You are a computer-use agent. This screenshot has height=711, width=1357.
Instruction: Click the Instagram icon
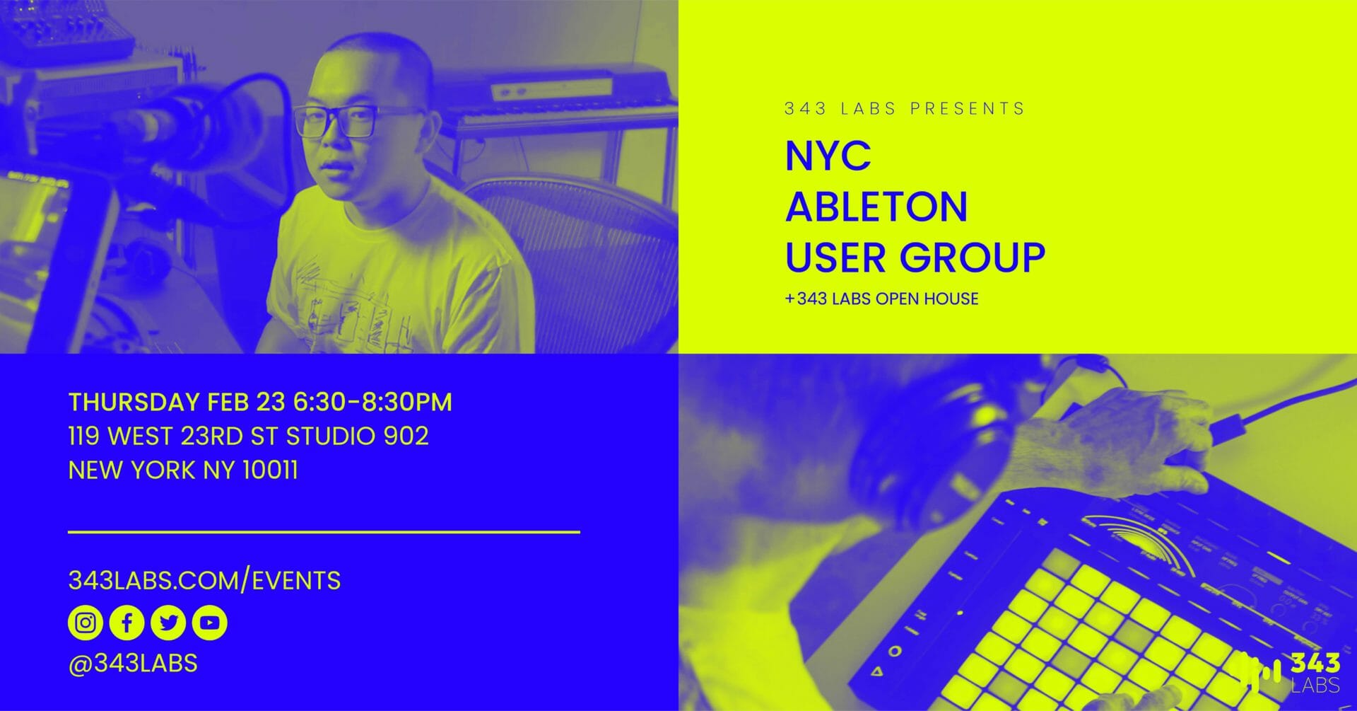(86, 623)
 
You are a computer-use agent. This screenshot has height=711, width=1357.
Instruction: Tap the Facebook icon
(127, 623)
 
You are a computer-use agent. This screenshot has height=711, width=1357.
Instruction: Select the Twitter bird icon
(168, 623)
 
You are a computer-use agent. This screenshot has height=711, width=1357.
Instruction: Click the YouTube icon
(209, 623)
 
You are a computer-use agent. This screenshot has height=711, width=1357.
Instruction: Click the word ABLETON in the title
(876, 207)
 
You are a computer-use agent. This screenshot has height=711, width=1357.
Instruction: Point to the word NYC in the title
(828, 156)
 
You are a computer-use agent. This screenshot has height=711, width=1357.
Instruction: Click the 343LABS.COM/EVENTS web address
(204, 581)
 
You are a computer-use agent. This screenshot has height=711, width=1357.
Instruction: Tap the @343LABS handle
(133, 664)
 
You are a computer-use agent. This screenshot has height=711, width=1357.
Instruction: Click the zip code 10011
(270, 470)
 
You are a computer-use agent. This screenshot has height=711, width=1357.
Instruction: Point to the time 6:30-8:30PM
(372, 402)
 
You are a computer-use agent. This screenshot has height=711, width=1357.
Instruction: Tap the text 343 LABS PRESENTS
(905, 109)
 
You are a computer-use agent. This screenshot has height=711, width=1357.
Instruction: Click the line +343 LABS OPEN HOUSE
(881, 299)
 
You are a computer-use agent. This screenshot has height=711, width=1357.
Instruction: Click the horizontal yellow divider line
(324, 531)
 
